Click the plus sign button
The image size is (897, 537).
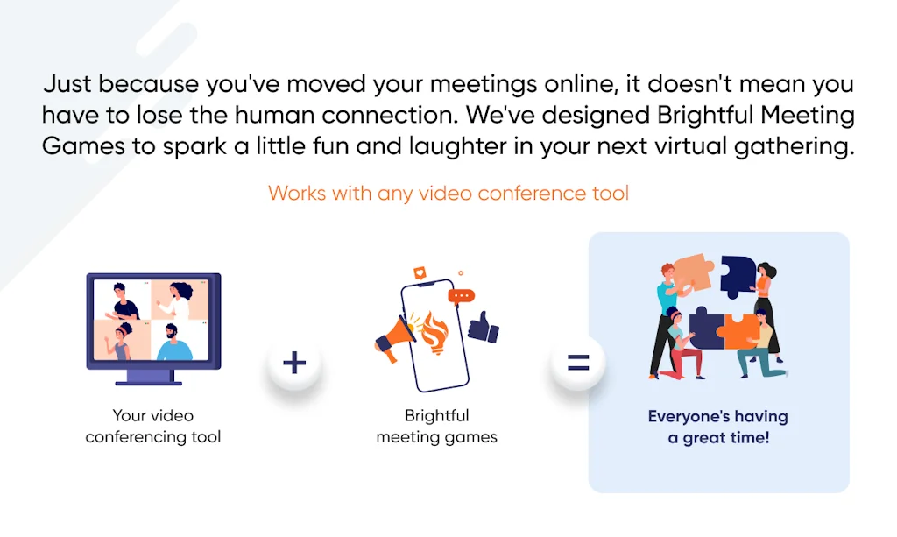click(x=294, y=363)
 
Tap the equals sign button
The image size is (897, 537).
click(x=578, y=363)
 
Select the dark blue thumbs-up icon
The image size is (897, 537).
click(x=484, y=327)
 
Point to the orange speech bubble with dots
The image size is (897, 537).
click(x=461, y=296)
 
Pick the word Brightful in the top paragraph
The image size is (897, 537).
click(x=705, y=115)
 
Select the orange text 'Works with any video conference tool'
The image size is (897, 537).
click(x=448, y=194)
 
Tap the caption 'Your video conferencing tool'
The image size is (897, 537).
click(x=152, y=426)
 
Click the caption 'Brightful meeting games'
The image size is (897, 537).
click(x=436, y=426)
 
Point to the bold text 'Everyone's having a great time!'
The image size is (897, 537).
click(x=718, y=427)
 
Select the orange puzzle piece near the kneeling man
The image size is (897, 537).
click(x=741, y=330)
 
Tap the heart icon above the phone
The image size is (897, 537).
click(x=420, y=272)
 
